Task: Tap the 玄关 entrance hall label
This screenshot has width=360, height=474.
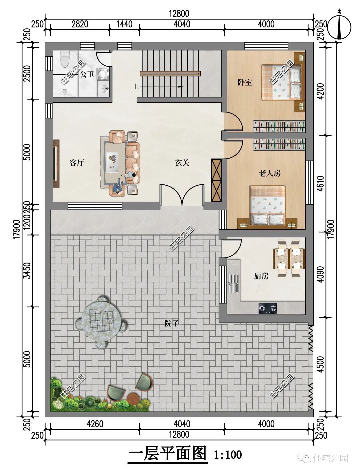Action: (x=182, y=163)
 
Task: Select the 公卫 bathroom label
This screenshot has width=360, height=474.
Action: (x=87, y=75)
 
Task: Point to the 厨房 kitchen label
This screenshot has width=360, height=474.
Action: (x=261, y=276)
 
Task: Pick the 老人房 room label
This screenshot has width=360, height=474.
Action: (x=270, y=173)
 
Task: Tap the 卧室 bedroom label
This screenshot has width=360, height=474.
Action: (x=245, y=82)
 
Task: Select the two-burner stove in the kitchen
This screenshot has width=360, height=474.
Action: (x=268, y=308)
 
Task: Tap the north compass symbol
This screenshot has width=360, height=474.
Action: (x=339, y=27)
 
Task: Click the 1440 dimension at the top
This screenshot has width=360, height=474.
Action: (x=124, y=24)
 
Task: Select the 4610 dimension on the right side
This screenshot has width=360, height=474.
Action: (x=321, y=183)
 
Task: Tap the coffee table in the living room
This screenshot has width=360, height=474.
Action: (x=112, y=162)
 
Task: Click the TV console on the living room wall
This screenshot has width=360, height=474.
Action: (x=56, y=164)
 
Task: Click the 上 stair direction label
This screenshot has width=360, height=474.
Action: (x=136, y=87)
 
